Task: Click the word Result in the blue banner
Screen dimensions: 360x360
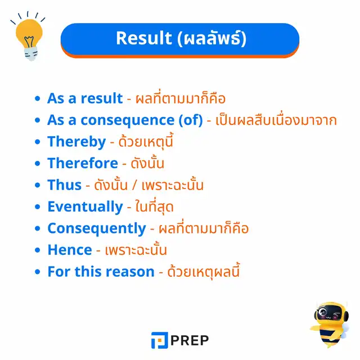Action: pos(144,38)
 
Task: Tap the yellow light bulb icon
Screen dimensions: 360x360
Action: pos(29,37)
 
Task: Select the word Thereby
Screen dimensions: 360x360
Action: pos(76,142)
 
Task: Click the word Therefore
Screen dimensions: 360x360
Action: pos(83,163)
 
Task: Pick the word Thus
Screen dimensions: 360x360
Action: pos(65,185)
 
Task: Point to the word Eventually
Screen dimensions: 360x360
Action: pos(85,207)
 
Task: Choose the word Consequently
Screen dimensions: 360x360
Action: pos(97,228)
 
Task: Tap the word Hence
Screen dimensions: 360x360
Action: pos(70,250)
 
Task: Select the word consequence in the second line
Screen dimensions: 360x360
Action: pos(128,120)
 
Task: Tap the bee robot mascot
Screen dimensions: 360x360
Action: pos(330,324)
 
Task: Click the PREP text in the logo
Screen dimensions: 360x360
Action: pos(190,340)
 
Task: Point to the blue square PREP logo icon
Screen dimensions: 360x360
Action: pos(160,340)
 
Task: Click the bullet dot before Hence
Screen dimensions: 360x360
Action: pos(38,250)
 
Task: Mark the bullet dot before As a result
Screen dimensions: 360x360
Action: pos(38,98)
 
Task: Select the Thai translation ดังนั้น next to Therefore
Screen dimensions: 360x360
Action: pos(147,163)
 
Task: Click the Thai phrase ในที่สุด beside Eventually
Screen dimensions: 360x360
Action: pos(154,206)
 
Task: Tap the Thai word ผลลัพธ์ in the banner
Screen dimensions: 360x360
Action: pos(213,38)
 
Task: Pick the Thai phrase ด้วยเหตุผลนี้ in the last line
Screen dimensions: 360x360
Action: pos(204,271)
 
